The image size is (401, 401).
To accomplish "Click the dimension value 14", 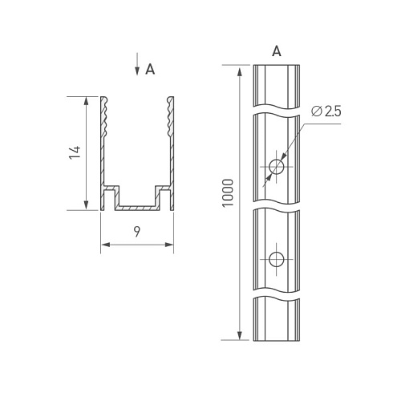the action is click(75, 152).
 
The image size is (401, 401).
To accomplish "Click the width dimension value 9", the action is click(137, 232).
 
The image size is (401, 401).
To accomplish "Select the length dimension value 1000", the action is click(228, 193).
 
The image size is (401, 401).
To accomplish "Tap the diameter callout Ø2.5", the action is click(326, 111).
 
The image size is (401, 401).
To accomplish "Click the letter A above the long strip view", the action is click(277, 51).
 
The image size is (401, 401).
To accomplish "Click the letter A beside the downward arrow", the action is click(150, 69).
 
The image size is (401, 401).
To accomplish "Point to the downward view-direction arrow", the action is click(137, 64).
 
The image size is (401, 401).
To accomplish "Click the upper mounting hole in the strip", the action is click(277, 167).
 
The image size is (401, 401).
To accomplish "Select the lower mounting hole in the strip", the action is click(277, 259).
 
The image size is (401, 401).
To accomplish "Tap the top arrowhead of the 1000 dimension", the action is click(240, 72).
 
